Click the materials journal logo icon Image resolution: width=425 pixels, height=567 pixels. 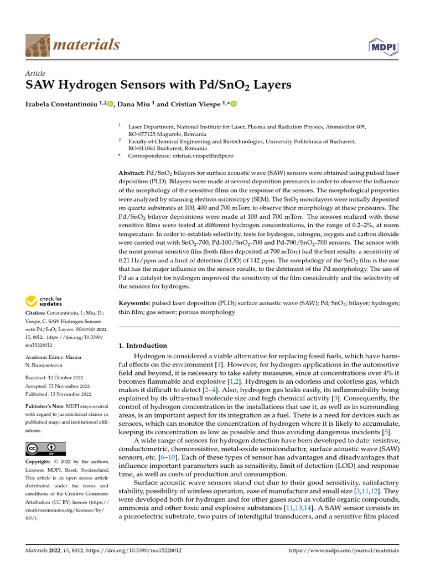[38, 45]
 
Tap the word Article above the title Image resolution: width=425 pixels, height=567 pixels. [35, 74]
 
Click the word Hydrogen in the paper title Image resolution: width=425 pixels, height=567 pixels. [99, 86]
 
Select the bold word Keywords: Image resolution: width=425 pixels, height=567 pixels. [134, 304]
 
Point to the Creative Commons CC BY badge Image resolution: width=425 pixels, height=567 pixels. [46, 449]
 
